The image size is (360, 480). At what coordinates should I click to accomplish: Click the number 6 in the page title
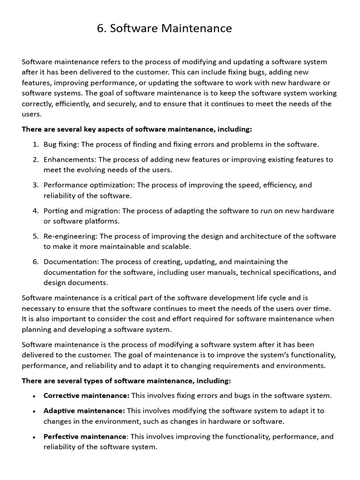(x=100, y=29)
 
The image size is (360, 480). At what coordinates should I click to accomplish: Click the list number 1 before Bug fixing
(x=36, y=144)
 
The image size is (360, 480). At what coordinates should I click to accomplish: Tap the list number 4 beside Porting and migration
(x=36, y=210)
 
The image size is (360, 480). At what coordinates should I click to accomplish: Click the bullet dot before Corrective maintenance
(x=34, y=396)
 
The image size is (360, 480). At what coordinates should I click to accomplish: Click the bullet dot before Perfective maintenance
(x=34, y=437)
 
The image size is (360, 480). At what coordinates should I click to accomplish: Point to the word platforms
(x=102, y=221)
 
